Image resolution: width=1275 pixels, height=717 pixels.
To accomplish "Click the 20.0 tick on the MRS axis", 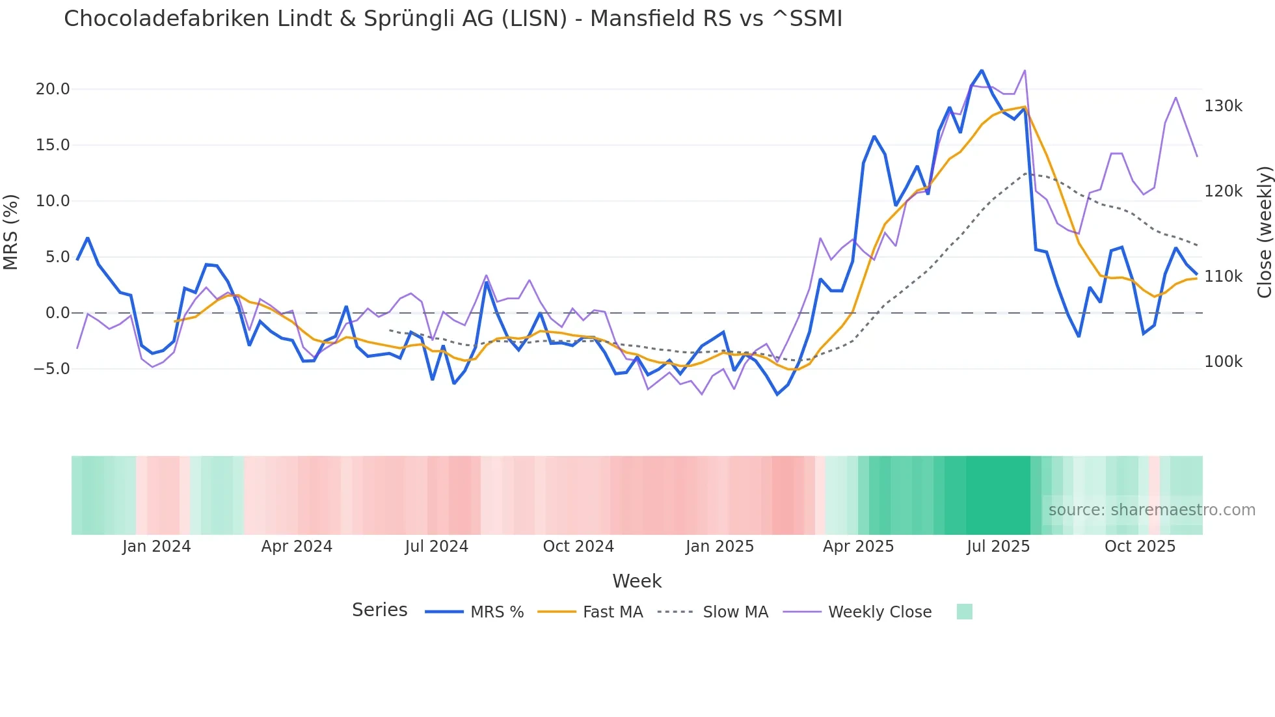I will point(53,89).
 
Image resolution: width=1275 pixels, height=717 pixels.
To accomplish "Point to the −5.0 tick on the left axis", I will point(51,369).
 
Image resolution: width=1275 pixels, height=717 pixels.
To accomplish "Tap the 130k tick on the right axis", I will point(1223,106).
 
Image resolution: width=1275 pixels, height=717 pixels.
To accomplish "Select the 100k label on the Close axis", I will point(1223,362).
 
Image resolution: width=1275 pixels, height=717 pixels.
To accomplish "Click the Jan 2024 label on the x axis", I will point(156,547).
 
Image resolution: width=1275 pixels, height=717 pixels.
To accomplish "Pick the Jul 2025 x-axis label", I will point(998,547).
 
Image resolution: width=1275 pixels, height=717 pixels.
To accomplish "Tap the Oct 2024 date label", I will point(578,547).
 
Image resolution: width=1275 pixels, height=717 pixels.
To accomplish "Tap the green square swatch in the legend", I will point(964,612).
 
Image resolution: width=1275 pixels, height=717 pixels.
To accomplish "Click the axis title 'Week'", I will point(637,581).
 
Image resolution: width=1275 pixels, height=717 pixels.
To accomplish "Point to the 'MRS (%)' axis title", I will point(11,232).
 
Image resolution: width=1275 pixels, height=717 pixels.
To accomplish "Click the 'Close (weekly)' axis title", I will point(1264,232).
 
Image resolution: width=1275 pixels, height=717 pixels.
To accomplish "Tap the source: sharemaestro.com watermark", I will point(1151,510).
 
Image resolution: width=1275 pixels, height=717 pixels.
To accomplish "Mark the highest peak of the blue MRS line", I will point(982,70).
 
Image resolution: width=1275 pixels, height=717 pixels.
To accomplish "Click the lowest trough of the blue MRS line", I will point(777,394).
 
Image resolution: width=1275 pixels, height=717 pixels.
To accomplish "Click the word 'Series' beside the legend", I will point(379,610).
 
